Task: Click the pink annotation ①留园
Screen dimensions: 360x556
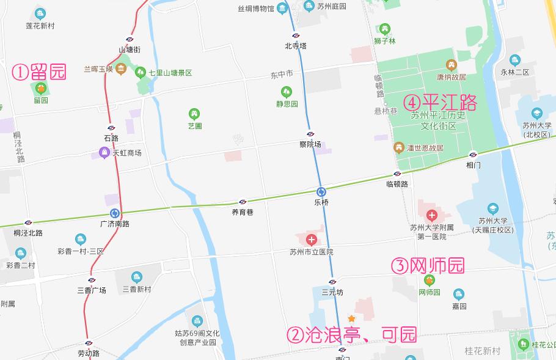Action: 39,72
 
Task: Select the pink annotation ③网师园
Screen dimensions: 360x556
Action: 428,266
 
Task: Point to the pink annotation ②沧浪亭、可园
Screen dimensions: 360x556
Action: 352,335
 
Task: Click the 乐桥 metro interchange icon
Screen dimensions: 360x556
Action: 321,191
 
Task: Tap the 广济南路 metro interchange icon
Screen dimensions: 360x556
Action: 114,213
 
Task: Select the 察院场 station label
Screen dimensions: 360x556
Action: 310,144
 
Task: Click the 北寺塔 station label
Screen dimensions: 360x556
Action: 295,46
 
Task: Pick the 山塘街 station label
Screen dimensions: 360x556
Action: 130,50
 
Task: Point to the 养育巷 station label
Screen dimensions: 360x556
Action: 243,212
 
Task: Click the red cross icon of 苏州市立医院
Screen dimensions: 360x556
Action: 312,239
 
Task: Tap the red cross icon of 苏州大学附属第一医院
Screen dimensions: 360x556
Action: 432,215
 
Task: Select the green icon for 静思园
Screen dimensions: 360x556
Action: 286,92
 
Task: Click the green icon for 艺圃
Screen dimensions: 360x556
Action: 194,114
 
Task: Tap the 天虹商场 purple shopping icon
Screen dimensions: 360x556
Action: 104,153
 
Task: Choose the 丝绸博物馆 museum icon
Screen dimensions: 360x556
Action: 282,8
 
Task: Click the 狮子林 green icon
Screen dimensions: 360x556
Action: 384,29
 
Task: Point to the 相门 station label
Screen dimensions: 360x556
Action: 474,165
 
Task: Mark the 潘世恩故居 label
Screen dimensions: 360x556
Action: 422,148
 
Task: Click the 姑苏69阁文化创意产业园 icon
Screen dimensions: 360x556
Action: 197,321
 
